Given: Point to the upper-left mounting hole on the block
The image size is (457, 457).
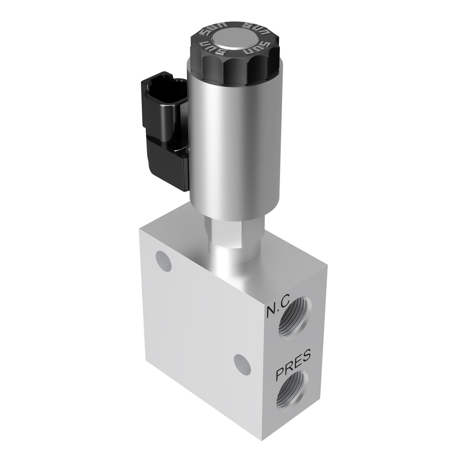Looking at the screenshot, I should [x=163, y=260].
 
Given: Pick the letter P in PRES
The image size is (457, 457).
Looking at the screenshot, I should [x=280, y=375].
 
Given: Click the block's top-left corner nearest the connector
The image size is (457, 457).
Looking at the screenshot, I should [x=140, y=229].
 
